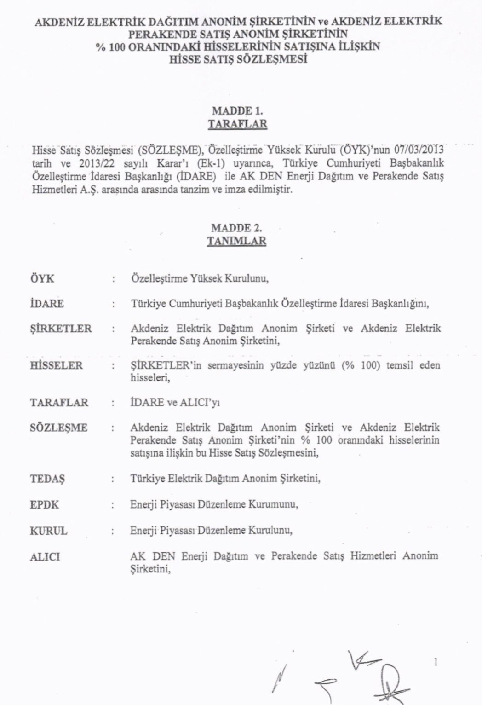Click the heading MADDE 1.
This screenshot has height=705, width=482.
click(x=237, y=111)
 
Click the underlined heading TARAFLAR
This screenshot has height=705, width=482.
click(x=237, y=124)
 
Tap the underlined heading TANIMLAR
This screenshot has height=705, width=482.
click(x=237, y=241)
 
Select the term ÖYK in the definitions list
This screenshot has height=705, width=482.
click(x=42, y=279)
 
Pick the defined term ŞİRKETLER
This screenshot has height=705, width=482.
click(x=61, y=329)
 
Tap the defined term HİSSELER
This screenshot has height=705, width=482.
click(x=56, y=365)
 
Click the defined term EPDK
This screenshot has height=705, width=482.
click(x=45, y=504)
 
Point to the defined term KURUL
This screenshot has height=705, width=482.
click(x=48, y=531)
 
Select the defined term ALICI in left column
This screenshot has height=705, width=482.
click(x=45, y=556)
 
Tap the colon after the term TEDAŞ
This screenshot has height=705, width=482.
click(x=113, y=479)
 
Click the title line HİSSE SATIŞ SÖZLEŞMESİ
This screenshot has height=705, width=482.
click(x=238, y=59)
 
